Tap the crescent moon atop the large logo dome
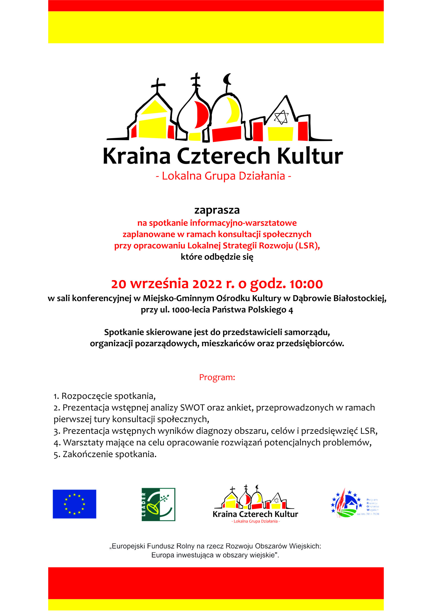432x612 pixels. click(x=227, y=79)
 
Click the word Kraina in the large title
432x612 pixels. click(x=136, y=156)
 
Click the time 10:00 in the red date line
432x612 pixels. click(x=306, y=284)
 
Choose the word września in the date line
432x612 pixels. click(x=159, y=284)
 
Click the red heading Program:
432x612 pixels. click(x=217, y=377)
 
